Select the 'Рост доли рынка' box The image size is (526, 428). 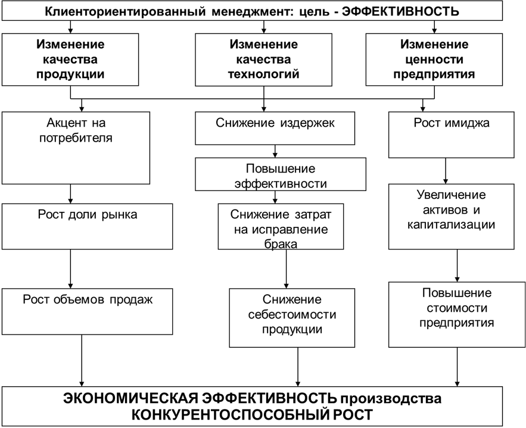(88, 227)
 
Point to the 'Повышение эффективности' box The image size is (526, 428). (281, 174)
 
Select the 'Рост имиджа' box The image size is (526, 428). (452, 135)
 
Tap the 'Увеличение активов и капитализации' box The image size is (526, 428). (452, 216)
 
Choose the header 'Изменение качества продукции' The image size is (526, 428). (70, 60)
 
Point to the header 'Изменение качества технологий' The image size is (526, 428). (264, 60)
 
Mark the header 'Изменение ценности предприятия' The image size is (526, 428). (434, 60)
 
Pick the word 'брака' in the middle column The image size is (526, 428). (281, 243)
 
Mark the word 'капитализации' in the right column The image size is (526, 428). (452, 225)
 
